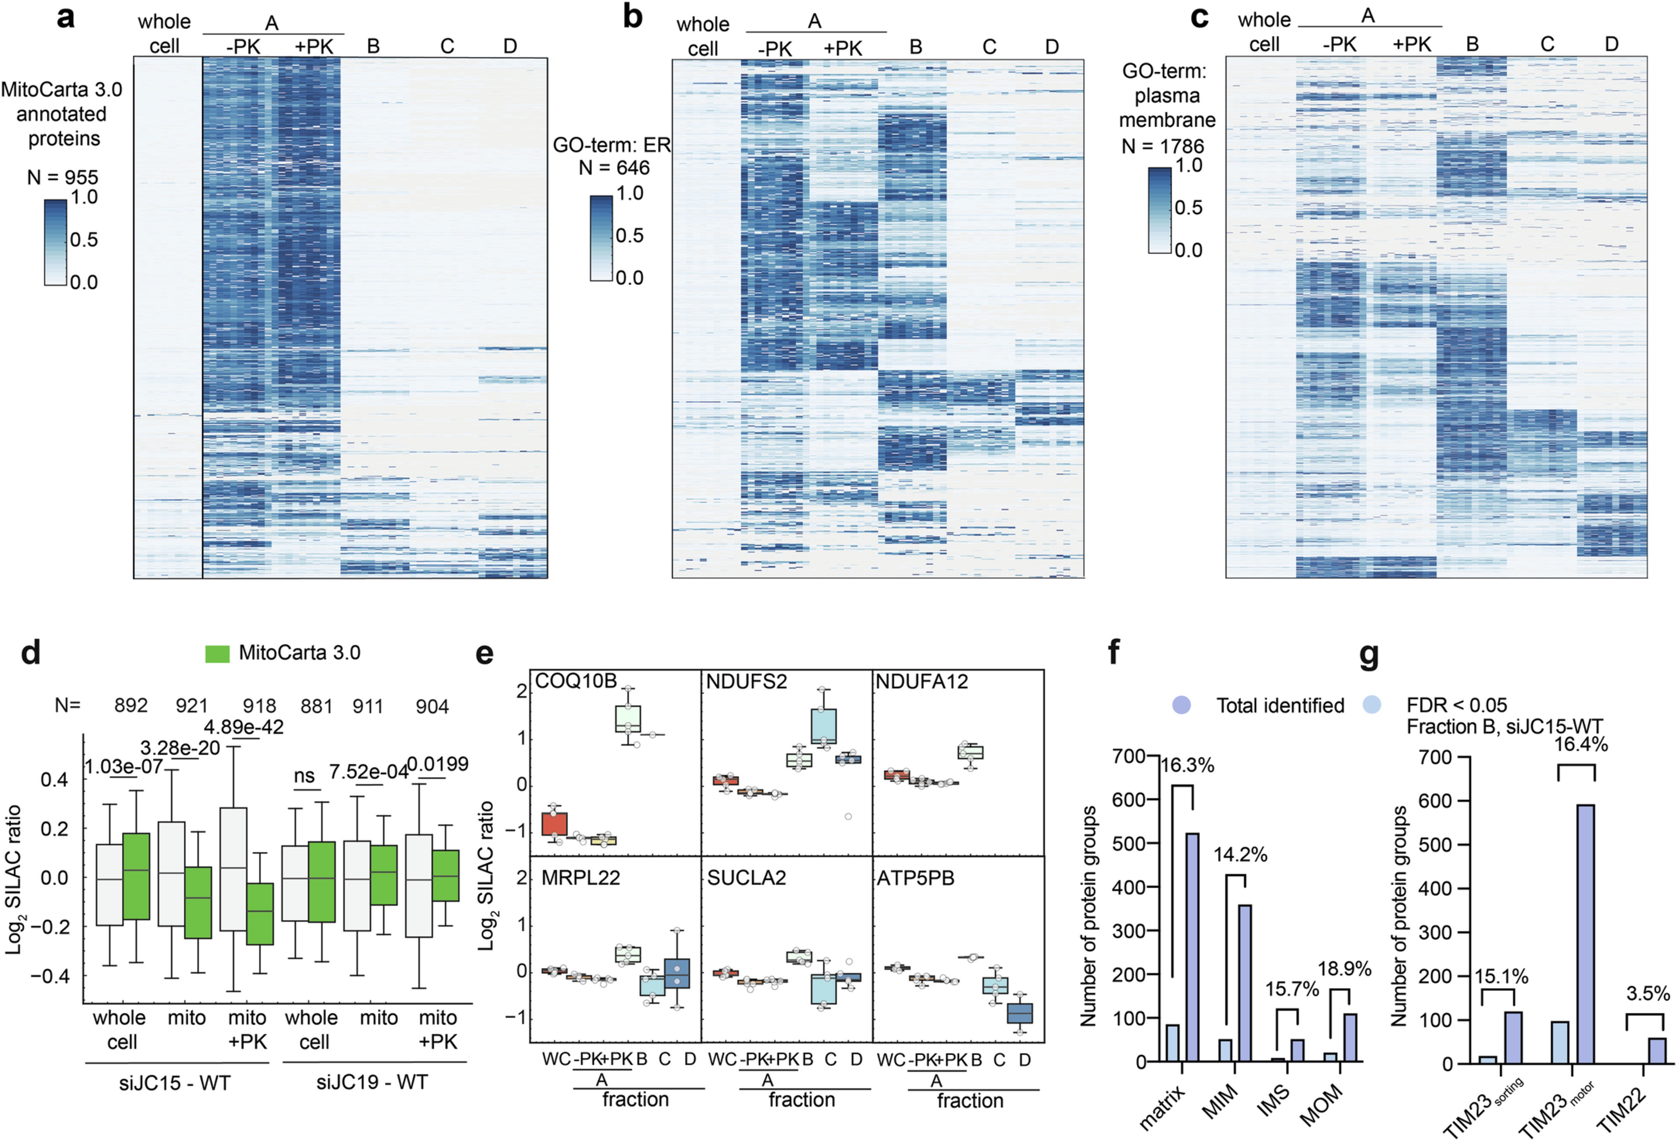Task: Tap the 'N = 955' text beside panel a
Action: point(63,177)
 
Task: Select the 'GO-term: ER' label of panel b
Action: point(612,145)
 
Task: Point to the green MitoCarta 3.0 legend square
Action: point(217,653)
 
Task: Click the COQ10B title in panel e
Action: point(576,681)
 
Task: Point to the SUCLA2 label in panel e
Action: point(746,878)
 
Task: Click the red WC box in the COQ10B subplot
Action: point(554,823)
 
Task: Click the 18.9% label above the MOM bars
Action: point(1344,969)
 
